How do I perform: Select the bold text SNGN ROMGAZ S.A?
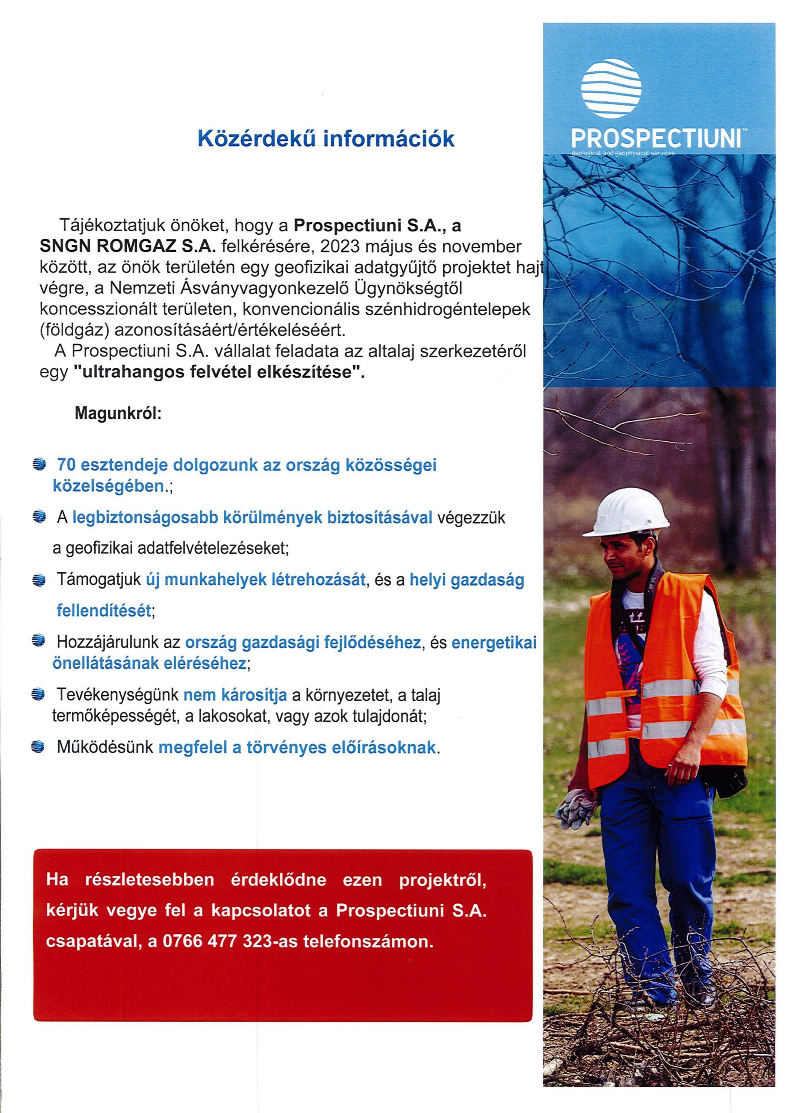pyautogui.click(x=126, y=247)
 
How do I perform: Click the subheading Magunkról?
pyautogui.click(x=118, y=414)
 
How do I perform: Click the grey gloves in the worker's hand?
pyautogui.click(x=577, y=808)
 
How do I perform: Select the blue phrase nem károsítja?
pyautogui.click(x=235, y=696)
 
